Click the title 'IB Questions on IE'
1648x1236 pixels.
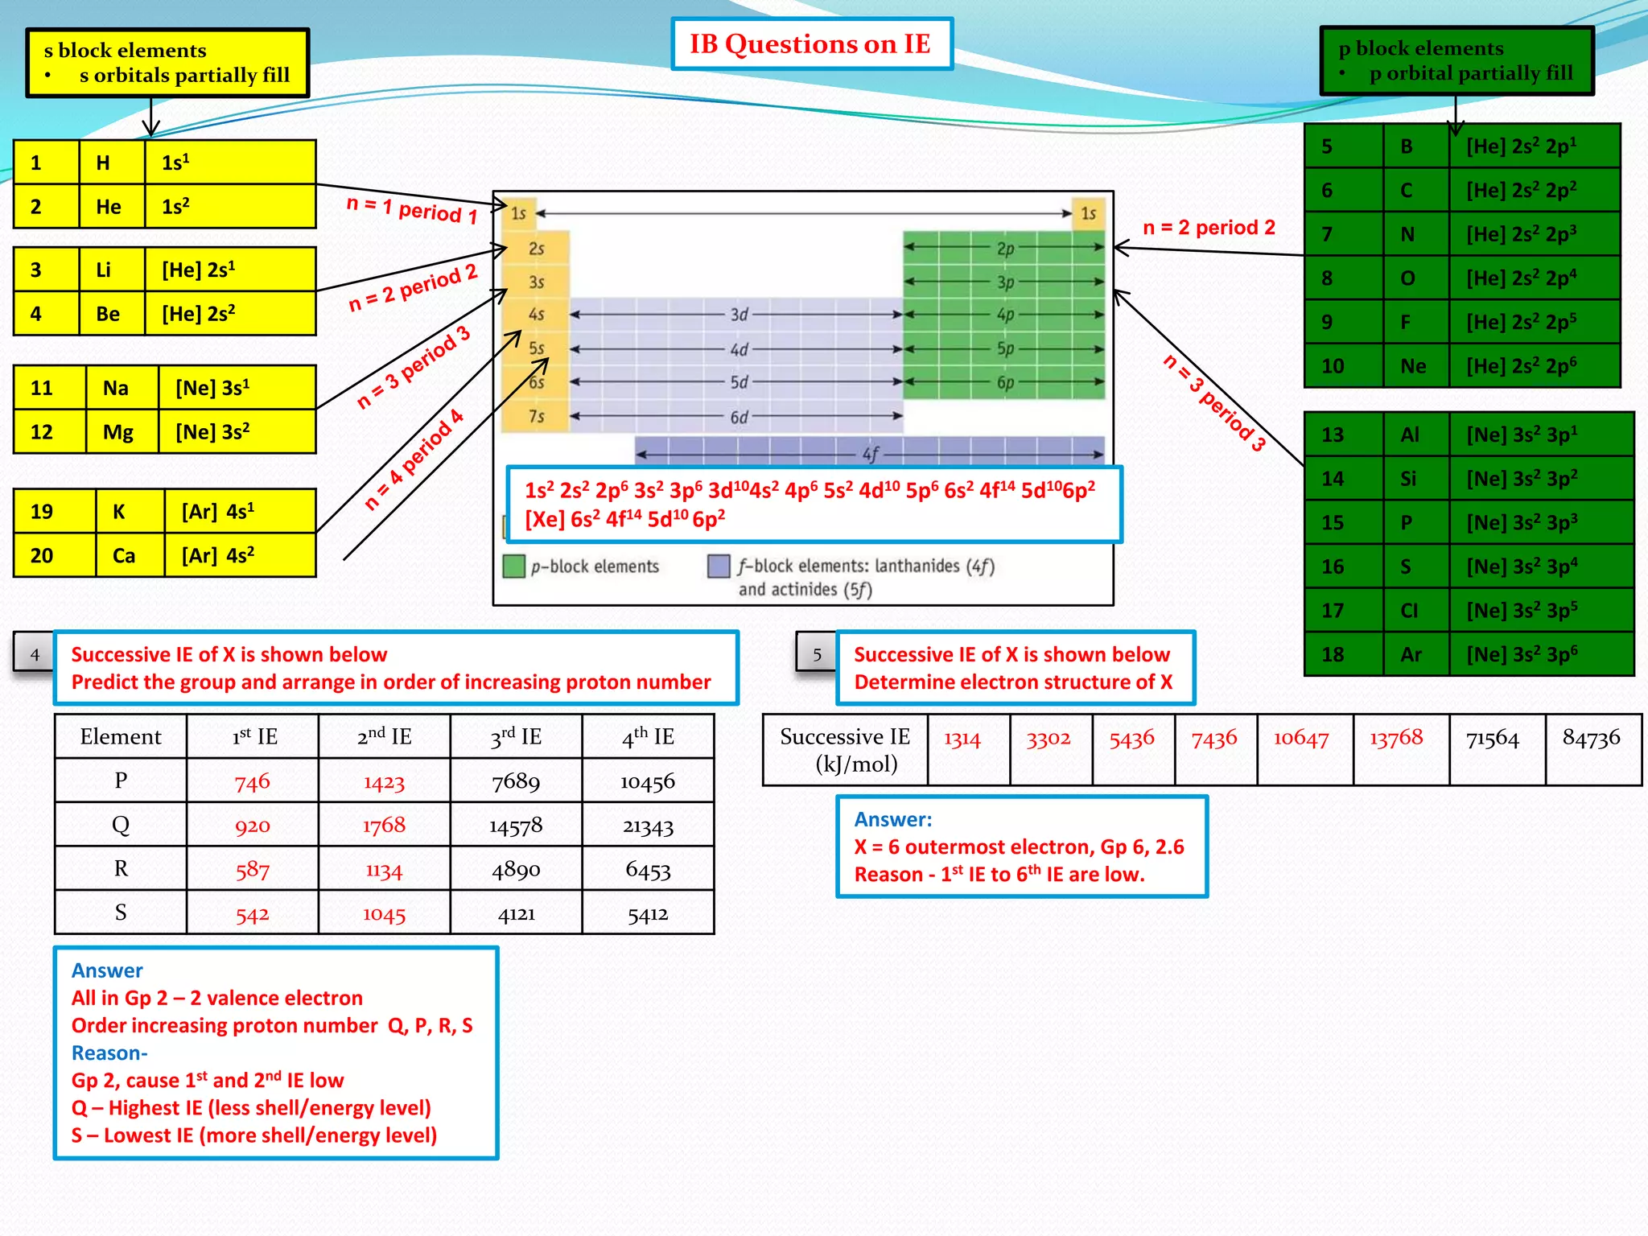810,44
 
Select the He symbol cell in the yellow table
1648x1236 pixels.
109,207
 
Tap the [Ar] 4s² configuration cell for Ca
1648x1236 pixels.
239,555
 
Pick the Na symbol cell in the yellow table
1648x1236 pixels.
116,388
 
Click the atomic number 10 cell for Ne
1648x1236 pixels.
1333,366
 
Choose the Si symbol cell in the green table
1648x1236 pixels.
1407,479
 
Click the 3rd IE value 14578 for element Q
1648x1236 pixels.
516,825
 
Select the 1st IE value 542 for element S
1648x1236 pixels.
252,913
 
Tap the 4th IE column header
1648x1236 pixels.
648,736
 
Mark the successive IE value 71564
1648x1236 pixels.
1492,739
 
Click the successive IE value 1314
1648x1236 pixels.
962,739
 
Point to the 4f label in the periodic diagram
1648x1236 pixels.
871,455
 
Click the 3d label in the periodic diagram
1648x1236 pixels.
739,315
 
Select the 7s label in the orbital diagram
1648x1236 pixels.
536,416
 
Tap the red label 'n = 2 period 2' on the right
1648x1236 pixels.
1209,228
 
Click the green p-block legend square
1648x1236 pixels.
513,566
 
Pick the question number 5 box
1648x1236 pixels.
817,654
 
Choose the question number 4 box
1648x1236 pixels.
34,654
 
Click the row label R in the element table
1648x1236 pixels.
121,869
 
